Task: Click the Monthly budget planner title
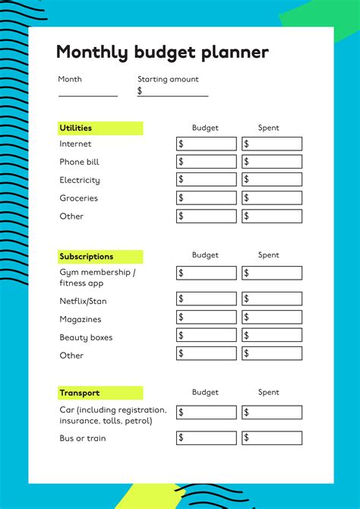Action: [162, 52]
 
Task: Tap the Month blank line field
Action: [88, 91]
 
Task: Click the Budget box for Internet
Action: [207, 144]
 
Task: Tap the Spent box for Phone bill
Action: [272, 162]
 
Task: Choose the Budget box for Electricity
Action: [207, 179]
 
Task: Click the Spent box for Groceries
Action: [272, 198]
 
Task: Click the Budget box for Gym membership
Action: [207, 273]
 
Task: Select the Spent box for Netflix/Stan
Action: [272, 299]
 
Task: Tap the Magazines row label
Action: [81, 320]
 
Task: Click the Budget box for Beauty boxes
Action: [207, 335]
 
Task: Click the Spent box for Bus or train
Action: [272, 438]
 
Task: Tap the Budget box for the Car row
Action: [207, 413]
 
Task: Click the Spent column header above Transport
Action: [269, 393]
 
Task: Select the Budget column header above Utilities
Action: [205, 128]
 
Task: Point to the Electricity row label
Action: [80, 180]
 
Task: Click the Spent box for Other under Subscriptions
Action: [272, 353]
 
